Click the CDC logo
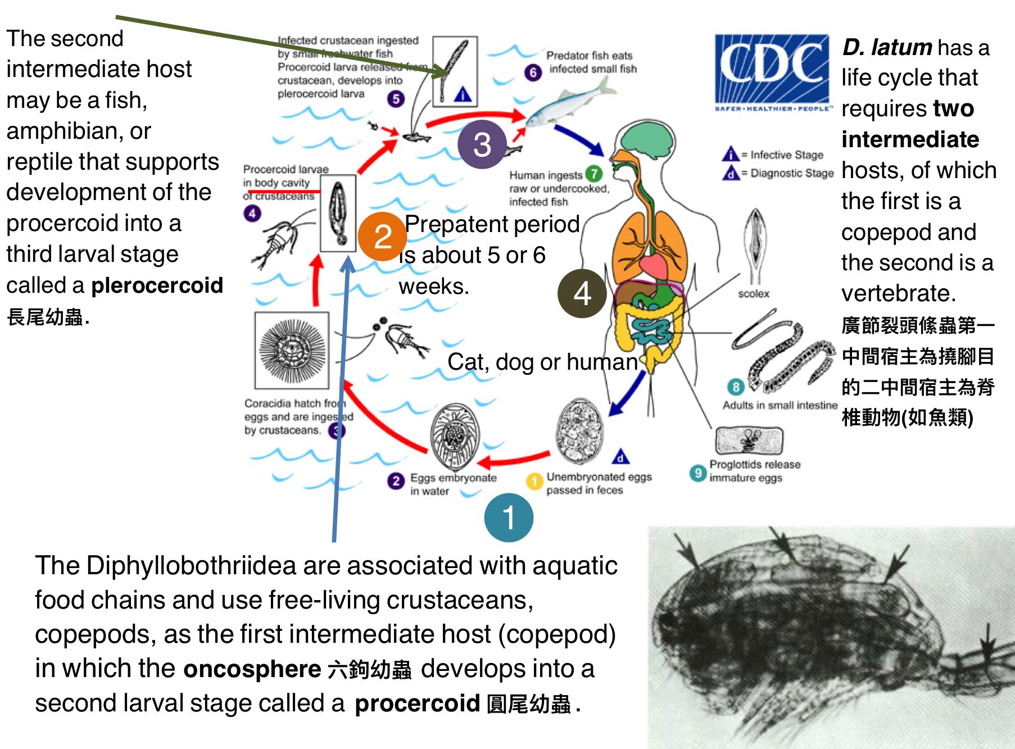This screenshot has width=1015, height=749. click(771, 72)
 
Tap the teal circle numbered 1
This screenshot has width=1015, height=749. click(509, 518)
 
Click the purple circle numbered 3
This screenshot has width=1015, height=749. click(482, 144)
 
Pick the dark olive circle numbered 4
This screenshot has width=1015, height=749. click(582, 293)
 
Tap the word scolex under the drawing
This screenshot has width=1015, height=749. click(754, 294)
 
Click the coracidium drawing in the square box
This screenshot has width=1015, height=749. click(292, 351)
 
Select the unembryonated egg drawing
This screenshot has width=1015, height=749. click(579, 431)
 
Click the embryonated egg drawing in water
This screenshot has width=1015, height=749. click(455, 437)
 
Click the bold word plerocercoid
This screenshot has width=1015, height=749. click(157, 285)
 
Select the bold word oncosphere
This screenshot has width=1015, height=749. click(252, 669)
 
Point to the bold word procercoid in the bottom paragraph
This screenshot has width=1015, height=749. click(417, 703)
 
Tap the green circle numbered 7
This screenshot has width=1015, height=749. click(593, 174)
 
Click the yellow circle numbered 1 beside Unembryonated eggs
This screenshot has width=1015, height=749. click(533, 482)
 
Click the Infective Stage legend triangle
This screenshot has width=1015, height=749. click(730, 154)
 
